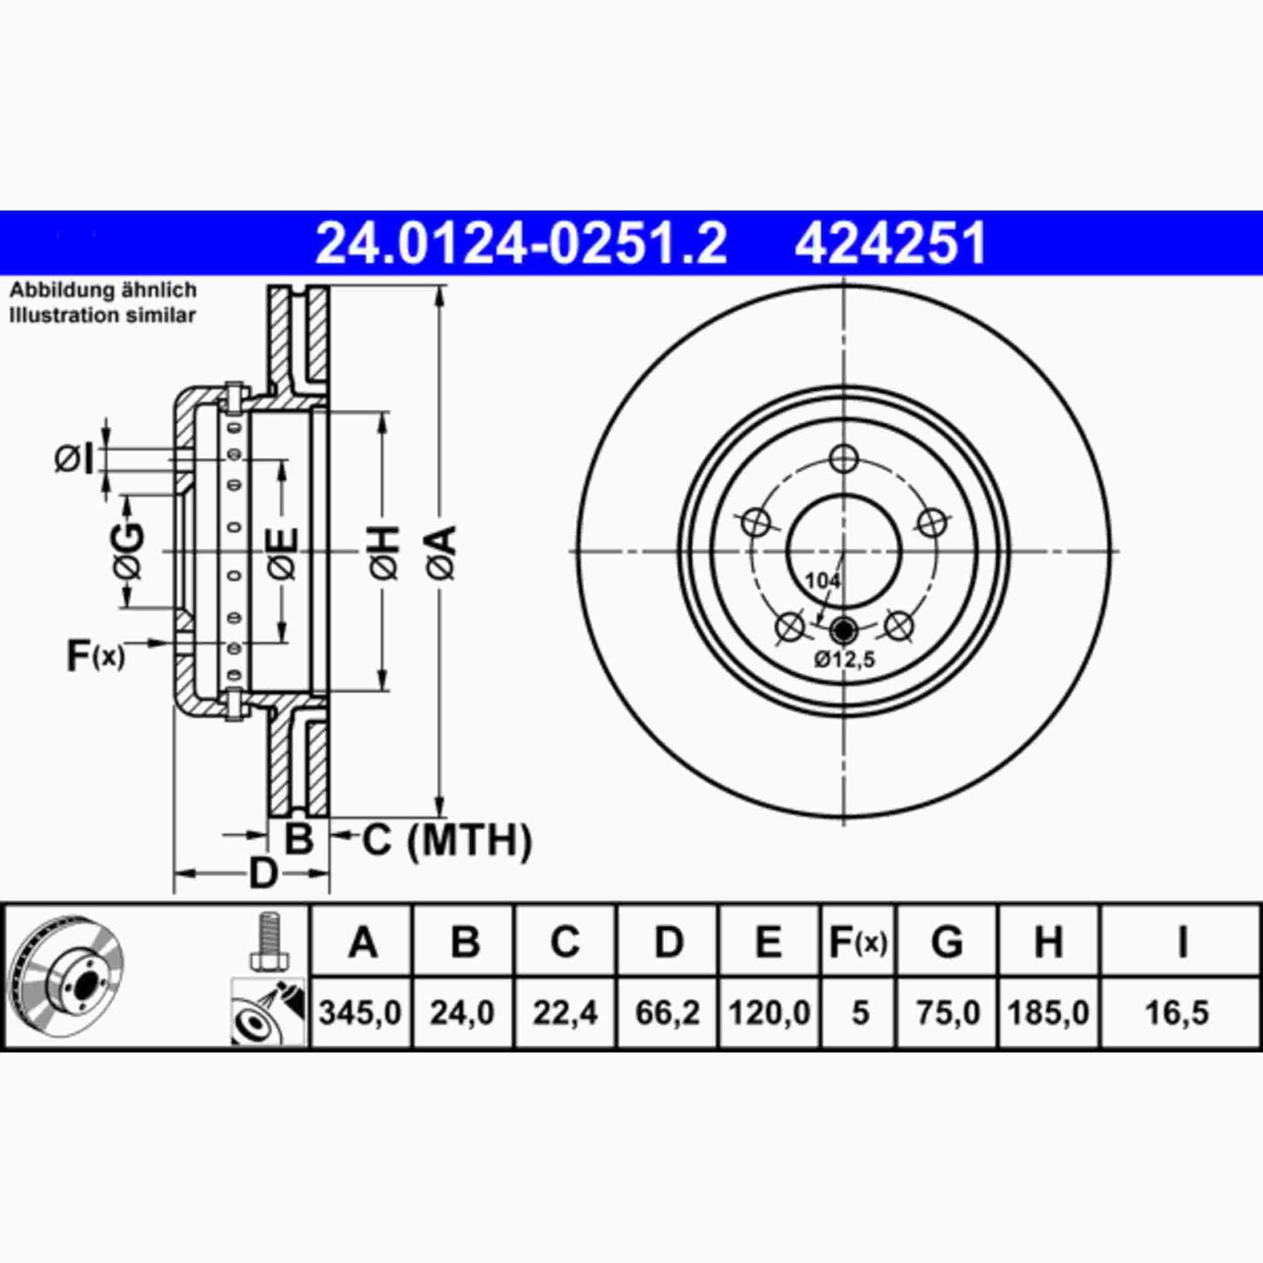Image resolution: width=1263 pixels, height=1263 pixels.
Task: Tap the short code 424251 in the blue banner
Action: click(890, 243)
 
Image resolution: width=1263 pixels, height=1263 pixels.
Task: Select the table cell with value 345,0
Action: click(360, 1013)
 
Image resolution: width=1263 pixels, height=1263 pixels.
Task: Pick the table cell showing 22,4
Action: click(565, 1013)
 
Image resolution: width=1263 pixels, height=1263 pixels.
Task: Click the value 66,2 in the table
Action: click(667, 1013)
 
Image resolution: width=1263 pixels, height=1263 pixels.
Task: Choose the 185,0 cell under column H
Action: click(1048, 1013)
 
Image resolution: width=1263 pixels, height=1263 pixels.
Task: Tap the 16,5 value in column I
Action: click(1177, 1013)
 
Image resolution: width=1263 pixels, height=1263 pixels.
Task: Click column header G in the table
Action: click(947, 942)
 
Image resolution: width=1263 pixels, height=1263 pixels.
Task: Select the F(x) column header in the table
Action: click(857, 942)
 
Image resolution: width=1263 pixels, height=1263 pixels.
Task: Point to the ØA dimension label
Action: click(442, 552)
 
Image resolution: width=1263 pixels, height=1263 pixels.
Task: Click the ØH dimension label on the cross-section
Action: click(385, 552)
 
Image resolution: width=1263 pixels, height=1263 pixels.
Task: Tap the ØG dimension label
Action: click(128, 552)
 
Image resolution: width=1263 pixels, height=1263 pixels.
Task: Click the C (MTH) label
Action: click(446, 840)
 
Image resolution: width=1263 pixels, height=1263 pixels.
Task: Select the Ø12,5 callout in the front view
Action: click(844, 660)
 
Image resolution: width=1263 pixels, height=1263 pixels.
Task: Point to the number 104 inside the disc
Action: click(822, 580)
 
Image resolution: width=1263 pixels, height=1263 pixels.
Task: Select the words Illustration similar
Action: click(102, 316)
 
